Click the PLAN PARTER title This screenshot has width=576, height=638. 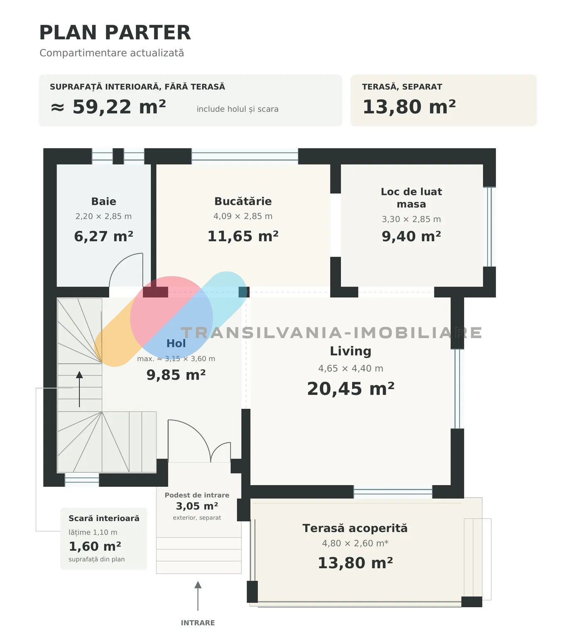point(115,32)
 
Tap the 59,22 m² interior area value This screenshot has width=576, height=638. point(119,107)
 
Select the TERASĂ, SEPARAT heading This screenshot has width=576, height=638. point(402,87)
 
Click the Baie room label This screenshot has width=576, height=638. point(104,201)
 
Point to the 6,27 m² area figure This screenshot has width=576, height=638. point(104,236)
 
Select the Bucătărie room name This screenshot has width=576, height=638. point(243,201)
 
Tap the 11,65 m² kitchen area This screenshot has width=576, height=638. point(243,236)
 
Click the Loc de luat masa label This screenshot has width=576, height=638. point(412,198)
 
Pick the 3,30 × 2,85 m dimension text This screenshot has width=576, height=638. point(412,219)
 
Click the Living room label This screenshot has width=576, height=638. point(351,351)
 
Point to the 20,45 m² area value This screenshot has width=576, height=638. point(351,389)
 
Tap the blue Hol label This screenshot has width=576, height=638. point(176,344)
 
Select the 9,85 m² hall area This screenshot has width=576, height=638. point(176,375)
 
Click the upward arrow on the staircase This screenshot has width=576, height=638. point(79,389)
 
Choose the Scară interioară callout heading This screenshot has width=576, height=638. point(104,518)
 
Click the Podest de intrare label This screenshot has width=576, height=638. point(197,495)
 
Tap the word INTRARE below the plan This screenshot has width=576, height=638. point(198,623)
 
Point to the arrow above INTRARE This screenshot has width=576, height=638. point(198,596)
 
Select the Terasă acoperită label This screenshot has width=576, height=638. point(355,528)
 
